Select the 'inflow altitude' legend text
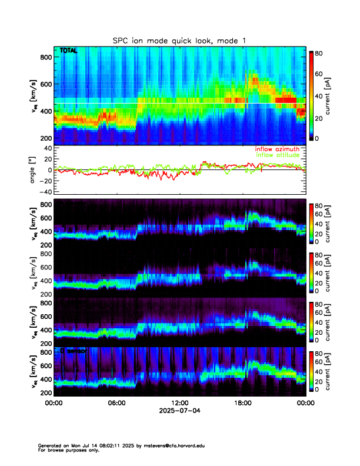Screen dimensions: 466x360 (x=278, y=155)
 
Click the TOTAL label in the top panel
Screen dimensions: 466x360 (x=68, y=52)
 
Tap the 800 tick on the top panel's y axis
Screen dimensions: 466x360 (x=45, y=56)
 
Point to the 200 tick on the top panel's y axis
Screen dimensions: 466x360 (x=45, y=138)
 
